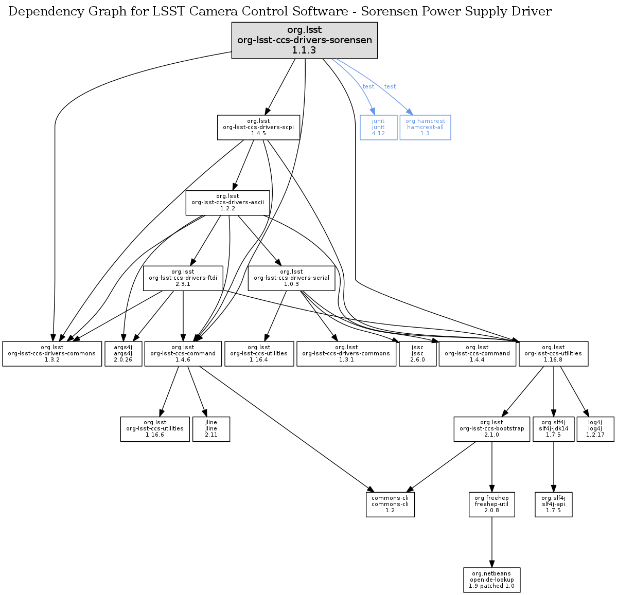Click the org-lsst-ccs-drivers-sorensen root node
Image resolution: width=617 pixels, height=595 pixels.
click(305, 40)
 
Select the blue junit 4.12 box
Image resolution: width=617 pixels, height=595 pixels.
click(378, 127)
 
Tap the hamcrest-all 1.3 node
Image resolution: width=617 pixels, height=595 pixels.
click(425, 127)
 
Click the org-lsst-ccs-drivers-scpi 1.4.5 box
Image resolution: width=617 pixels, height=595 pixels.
click(258, 127)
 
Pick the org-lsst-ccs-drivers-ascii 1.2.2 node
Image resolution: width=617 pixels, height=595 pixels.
click(227, 202)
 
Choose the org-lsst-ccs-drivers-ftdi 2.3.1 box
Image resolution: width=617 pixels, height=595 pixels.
click(183, 278)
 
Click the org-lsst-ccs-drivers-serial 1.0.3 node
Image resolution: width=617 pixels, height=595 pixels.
click(291, 278)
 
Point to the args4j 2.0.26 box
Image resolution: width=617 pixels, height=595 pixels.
click(123, 353)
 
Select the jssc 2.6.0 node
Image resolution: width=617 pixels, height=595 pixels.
click(417, 353)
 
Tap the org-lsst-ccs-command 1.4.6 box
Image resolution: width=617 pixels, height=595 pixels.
click(183, 353)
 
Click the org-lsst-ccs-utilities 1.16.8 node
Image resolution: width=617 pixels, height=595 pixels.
click(553, 353)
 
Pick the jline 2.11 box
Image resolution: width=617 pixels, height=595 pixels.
click(211, 429)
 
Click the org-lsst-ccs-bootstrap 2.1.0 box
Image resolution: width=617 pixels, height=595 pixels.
click(492, 429)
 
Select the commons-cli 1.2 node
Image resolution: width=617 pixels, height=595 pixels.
click(390, 504)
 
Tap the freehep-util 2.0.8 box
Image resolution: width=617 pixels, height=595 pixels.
click(491, 504)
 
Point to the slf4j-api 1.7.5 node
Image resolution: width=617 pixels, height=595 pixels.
click(553, 504)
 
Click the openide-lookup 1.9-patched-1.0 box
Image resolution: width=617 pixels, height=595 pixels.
click(491, 580)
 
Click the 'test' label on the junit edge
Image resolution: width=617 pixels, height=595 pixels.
click(368, 86)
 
